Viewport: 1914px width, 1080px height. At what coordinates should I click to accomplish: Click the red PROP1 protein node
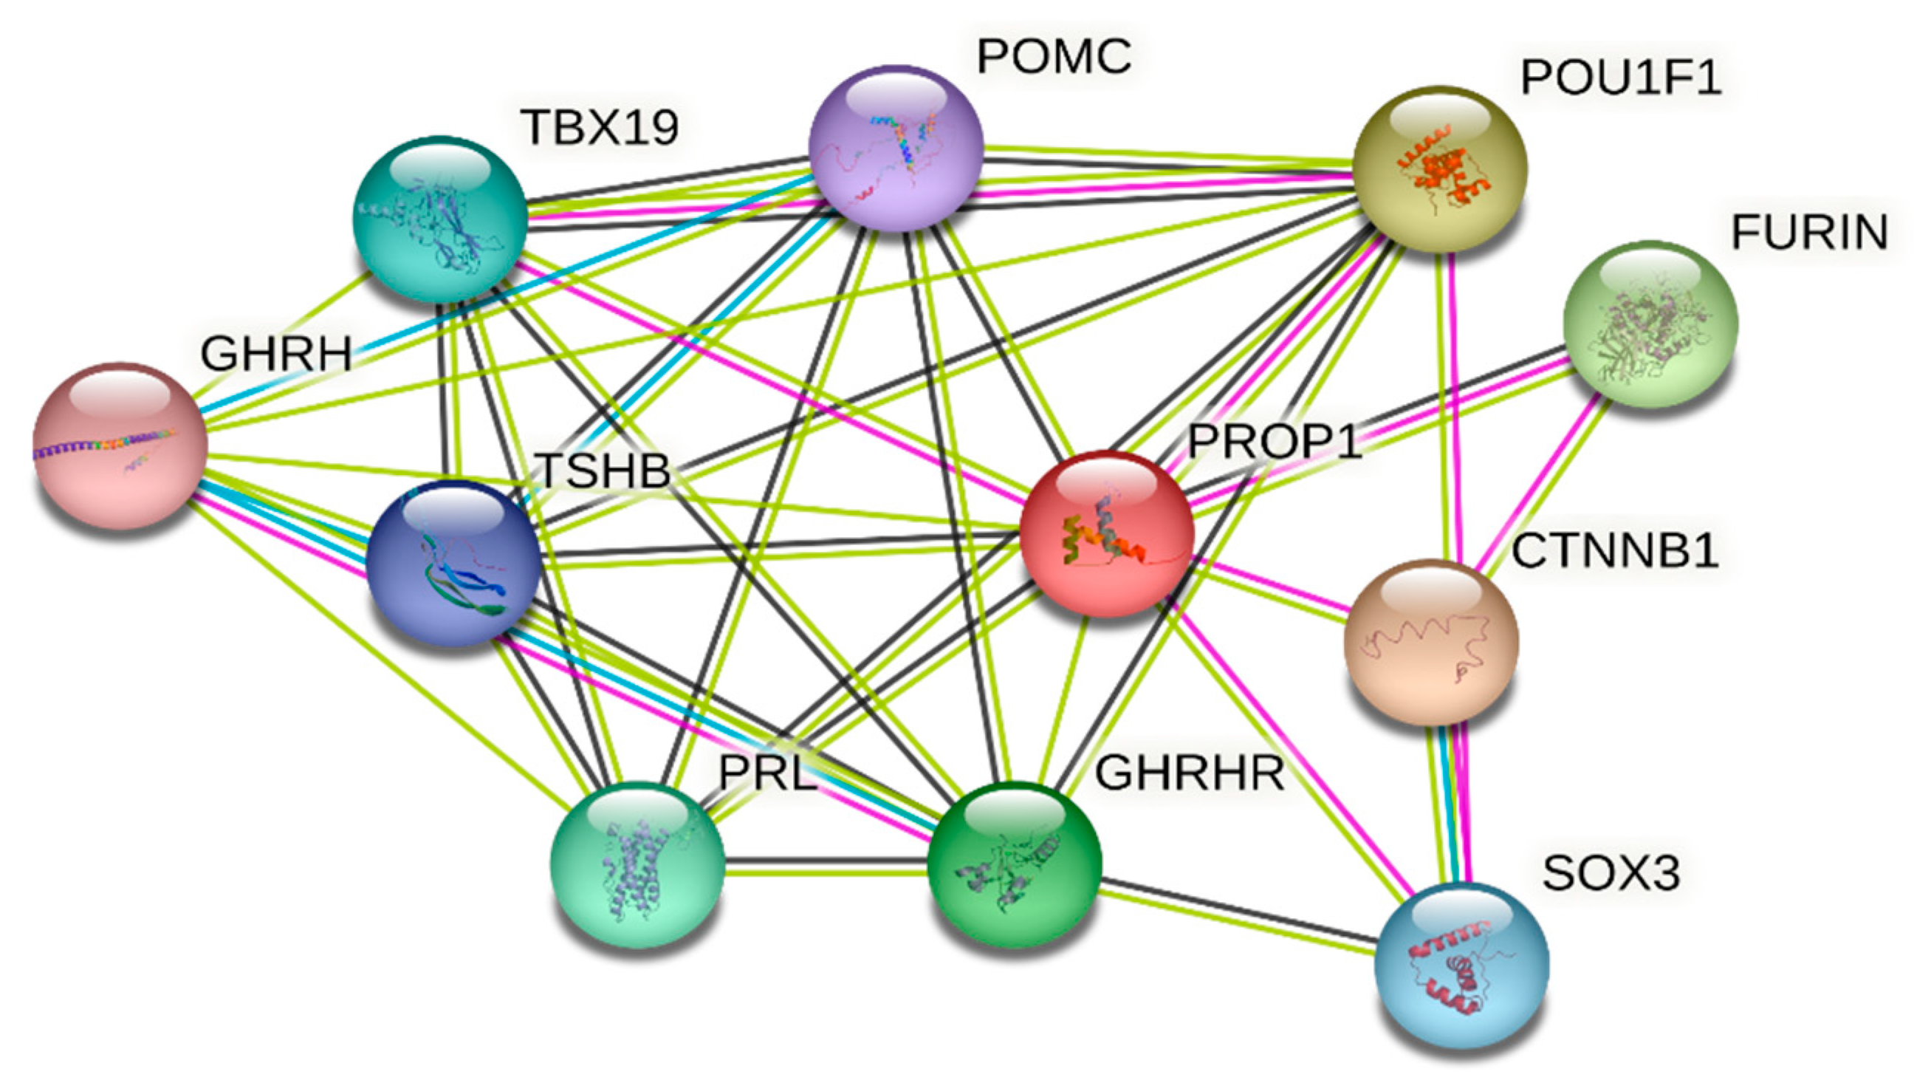[x=1106, y=534]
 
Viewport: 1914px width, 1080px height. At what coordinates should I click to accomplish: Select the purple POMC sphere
[x=895, y=148]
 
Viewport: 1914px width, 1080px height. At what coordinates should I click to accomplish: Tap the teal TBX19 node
[x=440, y=219]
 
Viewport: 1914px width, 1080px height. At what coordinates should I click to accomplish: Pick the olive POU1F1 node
[x=1440, y=168]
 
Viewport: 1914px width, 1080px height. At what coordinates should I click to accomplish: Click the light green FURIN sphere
[x=1650, y=324]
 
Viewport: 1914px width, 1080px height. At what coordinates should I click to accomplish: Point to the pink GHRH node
[x=120, y=446]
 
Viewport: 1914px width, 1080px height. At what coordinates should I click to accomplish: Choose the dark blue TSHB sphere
[x=453, y=564]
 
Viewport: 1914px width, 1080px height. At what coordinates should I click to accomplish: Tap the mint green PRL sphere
[x=637, y=864]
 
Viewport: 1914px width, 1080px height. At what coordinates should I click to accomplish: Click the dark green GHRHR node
[x=1014, y=864]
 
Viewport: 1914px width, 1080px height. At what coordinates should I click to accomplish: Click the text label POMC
[x=1054, y=56]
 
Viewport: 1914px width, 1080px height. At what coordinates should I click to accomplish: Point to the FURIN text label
[x=1809, y=233]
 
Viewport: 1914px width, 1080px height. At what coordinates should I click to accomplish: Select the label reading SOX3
[x=1611, y=873]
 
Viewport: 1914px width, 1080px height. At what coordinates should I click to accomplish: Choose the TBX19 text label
[x=600, y=127]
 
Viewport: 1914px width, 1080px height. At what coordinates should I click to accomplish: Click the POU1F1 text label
[x=1621, y=77]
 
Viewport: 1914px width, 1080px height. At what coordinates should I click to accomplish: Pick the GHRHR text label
[x=1190, y=773]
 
